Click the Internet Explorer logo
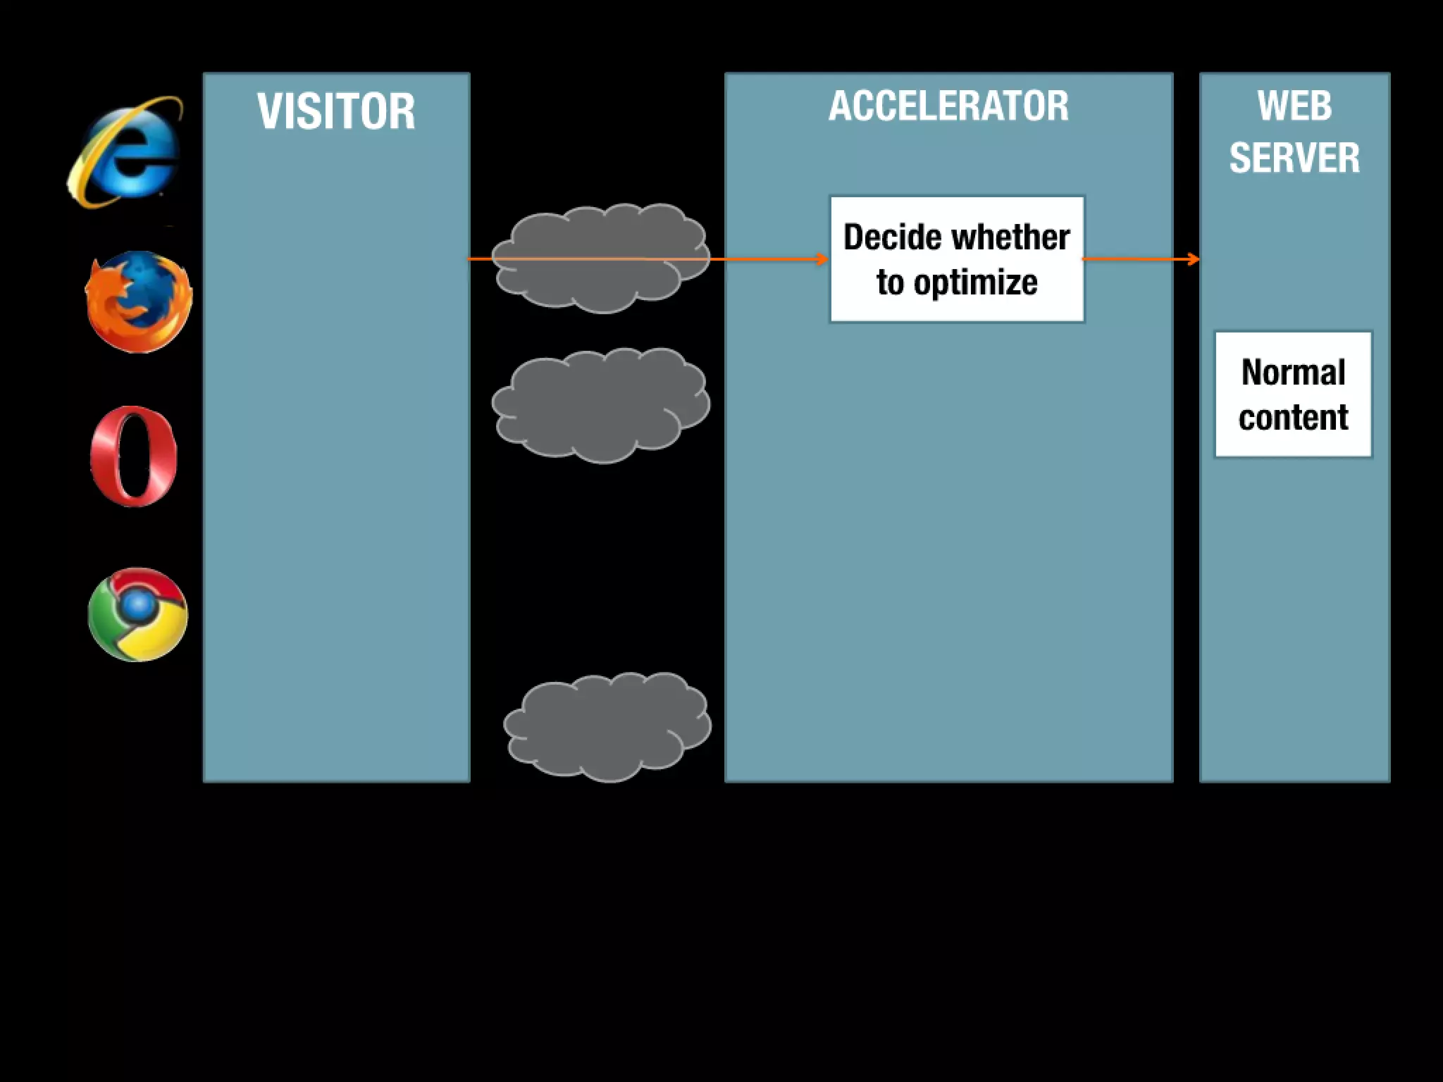(x=125, y=151)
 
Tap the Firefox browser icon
(x=138, y=301)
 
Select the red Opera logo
(x=133, y=456)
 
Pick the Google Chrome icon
(x=138, y=614)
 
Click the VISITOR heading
(x=336, y=111)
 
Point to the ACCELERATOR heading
(x=948, y=106)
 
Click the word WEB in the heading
(x=1294, y=106)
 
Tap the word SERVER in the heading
(x=1294, y=158)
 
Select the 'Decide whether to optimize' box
(x=957, y=259)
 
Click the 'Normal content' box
(x=1293, y=394)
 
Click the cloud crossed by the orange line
(x=600, y=258)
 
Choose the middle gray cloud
(x=600, y=405)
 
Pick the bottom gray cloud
(x=607, y=727)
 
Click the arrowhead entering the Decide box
(x=823, y=259)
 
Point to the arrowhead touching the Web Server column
(x=1194, y=259)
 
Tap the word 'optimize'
(x=975, y=283)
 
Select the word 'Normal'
(x=1293, y=372)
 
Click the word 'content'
(x=1293, y=417)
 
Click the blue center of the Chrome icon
(x=139, y=604)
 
